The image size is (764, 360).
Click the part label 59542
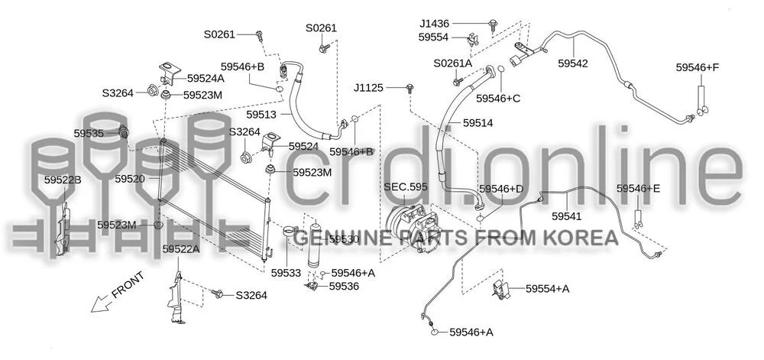pyautogui.click(x=573, y=63)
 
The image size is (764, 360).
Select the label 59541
pyautogui.click(x=567, y=216)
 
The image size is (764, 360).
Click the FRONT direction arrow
pyautogui.click(x=102, y=303)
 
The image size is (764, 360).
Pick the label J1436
pyautogui.click(x=435, y=23)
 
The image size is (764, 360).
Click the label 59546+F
pyautogui.click(x=698, y=68)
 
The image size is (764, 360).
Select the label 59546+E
pyautogui.click(x=638, y=189)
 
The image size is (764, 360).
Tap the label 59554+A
pyautogui.click(x=547, y=289)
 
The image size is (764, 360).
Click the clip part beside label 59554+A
pyautogui.click(x=501, y=289)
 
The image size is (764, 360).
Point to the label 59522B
pyautogui.click(x=63, y=180)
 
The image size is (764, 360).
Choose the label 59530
pyautogui.click(x=344, y=239)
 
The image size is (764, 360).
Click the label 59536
pyautogui.click(x=344, y=287)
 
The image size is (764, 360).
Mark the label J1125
pyautogui.click(x=369, y=88)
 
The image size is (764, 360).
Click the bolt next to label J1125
pyautogui.click(x=410, y=88)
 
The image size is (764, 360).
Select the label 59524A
pyautogui.click(x=206, y=79)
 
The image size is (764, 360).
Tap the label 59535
pyautogui.click(x=89, y=133)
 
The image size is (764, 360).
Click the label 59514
pyautogui.click(x=478, y=123)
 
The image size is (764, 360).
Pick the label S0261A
pyautogui.click(x=453, y=63)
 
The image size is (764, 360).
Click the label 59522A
pyautogui.click(x=181, y=249)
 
